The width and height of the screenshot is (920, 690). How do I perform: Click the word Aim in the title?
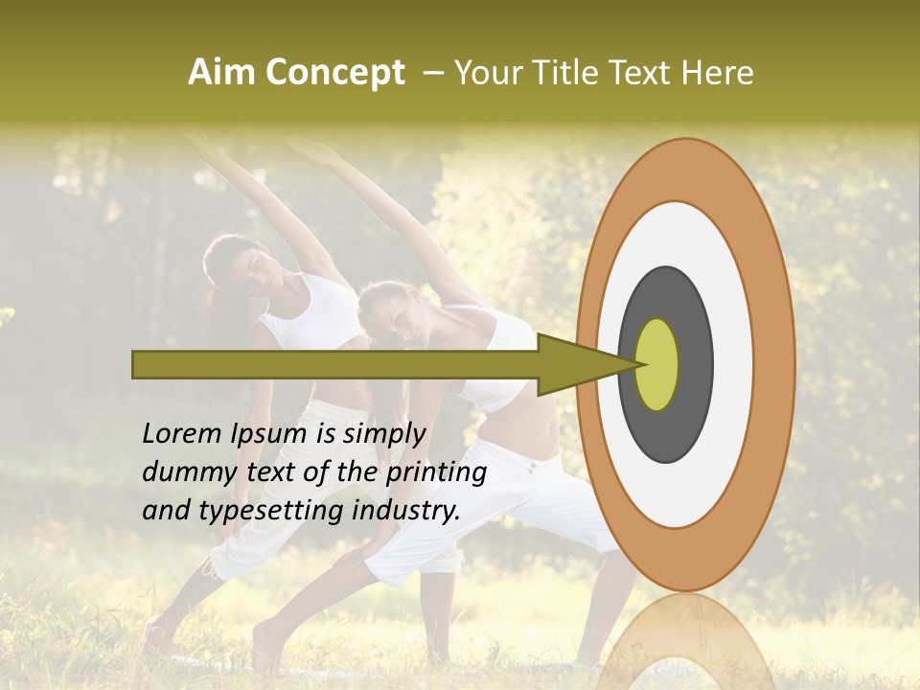point(222,73)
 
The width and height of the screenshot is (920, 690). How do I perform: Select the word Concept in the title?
point(335,74)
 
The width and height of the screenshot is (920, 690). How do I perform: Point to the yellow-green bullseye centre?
point(657,364)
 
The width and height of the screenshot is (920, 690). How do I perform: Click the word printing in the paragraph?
point(436,473)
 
